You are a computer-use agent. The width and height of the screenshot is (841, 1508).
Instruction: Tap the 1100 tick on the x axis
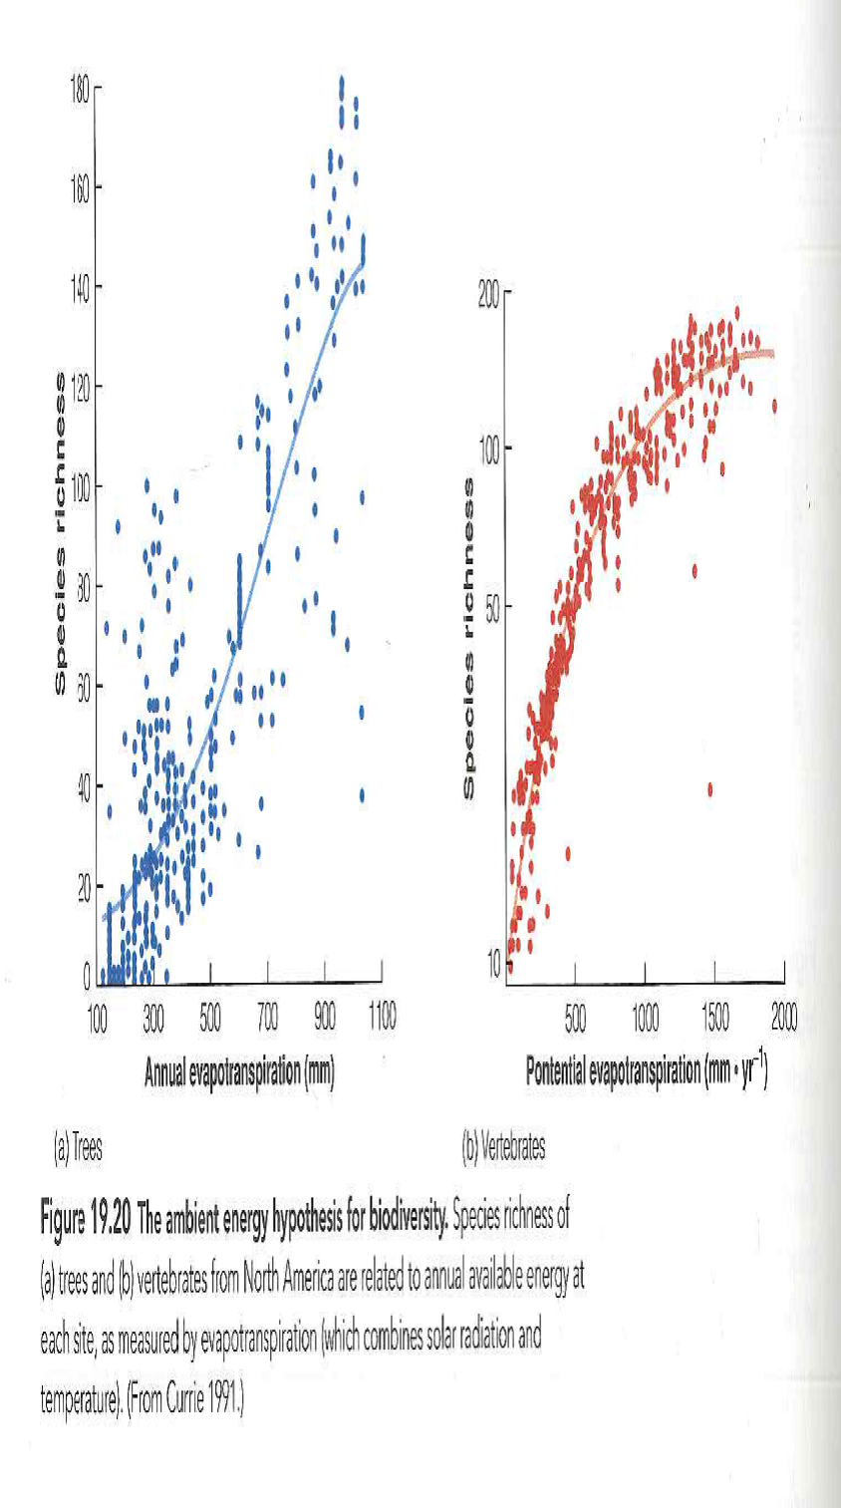381,1017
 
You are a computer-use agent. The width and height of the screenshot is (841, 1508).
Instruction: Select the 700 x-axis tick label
267,1017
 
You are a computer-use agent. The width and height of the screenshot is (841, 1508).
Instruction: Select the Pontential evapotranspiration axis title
646,1072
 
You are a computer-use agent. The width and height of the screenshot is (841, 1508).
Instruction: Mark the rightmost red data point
774,406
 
